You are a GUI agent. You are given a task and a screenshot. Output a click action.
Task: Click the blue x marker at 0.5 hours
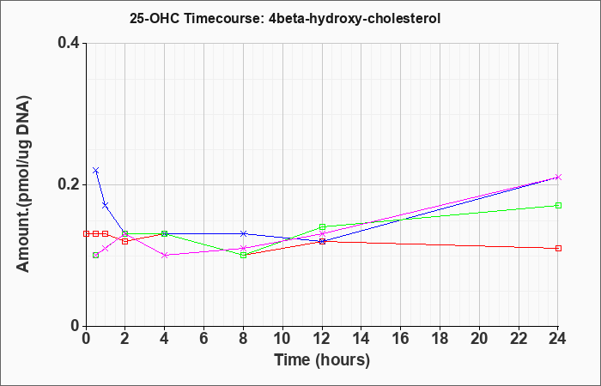coord(96,171)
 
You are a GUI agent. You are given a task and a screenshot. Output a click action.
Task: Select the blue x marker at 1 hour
coord(106,206)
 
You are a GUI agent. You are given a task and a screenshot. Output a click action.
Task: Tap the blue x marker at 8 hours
coord(243,233)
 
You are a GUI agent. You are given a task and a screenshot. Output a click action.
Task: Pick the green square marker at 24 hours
coord(558,206)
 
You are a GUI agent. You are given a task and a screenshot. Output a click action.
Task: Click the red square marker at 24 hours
coord(558,248)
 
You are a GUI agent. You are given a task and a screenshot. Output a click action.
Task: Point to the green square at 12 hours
coord(322,226)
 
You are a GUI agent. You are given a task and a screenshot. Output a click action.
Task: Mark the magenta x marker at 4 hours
coord(165,255)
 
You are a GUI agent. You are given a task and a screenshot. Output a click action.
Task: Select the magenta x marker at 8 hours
coord(243,248)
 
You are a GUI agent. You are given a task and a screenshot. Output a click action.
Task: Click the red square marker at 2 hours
coord(125,241)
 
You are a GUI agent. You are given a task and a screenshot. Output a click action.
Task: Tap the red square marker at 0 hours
coord(86,233)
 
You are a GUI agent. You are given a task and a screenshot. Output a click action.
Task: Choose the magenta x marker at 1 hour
coord(106,248)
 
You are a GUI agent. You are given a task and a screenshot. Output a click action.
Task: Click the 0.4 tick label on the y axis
coord(69,43)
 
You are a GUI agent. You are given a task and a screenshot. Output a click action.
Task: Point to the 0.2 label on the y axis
coord(69,184)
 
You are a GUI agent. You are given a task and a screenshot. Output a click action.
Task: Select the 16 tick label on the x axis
coord(401,339)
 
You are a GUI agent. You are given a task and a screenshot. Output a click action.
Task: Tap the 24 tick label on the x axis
coord(557,339)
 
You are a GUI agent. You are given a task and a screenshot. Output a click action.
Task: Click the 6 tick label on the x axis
coord(203,339)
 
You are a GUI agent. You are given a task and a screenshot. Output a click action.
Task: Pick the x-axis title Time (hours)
coord(322,361)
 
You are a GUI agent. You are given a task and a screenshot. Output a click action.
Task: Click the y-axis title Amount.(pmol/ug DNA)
coord(24,184)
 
